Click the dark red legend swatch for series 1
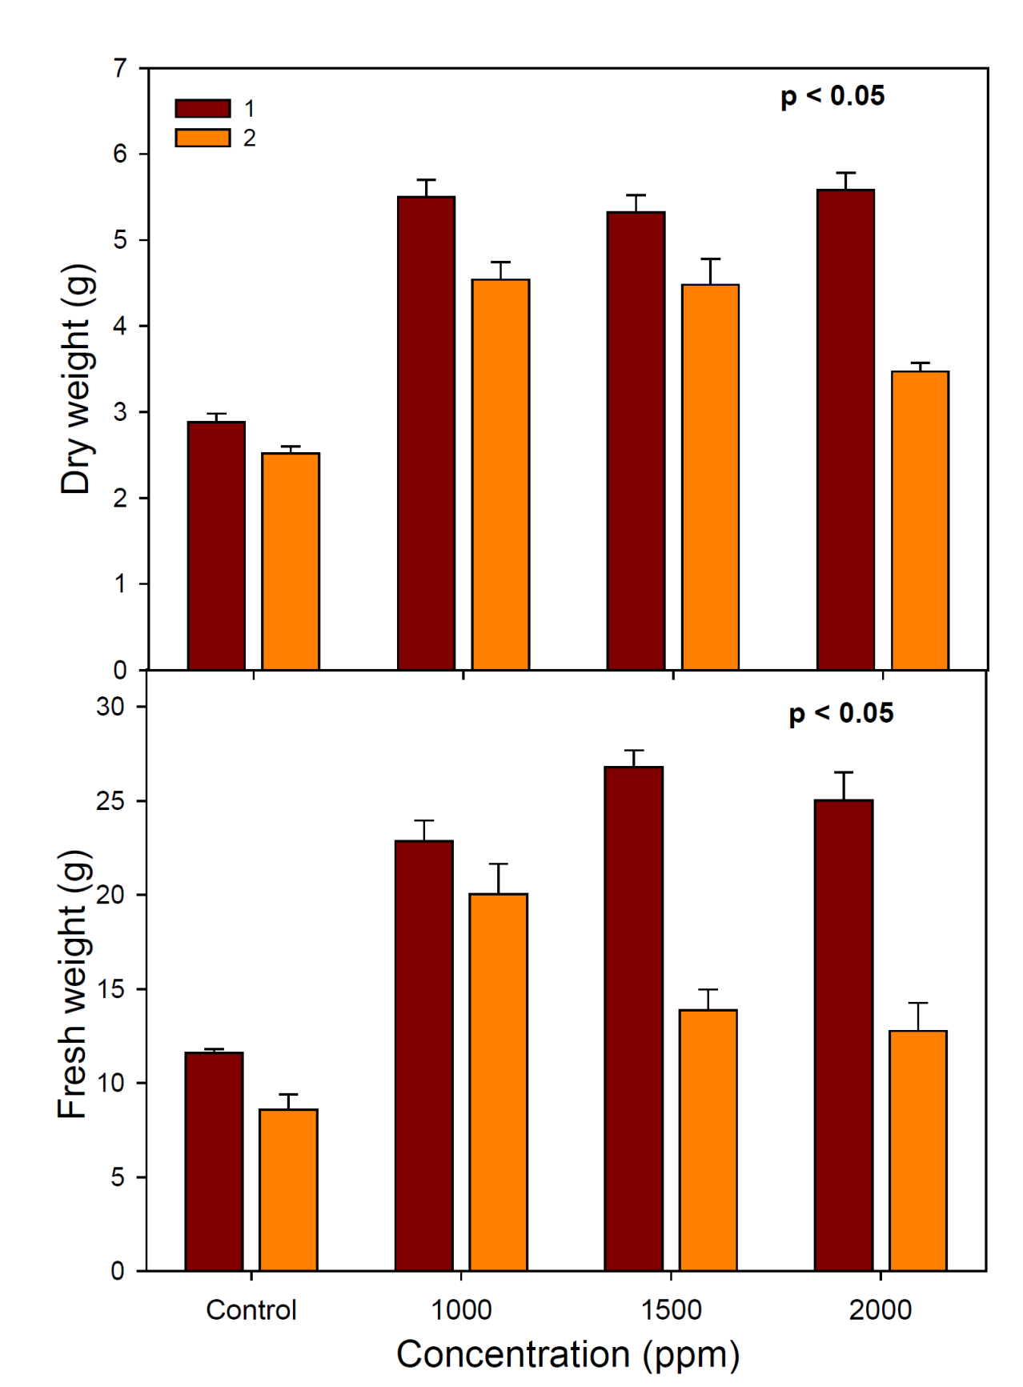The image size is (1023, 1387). (x=203, y=108)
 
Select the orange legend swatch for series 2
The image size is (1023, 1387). (x=203, y=138)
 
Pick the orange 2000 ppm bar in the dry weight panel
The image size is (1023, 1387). (x=920, y=520)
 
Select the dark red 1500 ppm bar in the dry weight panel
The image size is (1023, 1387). (x=636, y=441)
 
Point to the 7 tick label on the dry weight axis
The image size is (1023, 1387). (x=120, y=69)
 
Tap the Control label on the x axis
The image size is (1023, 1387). (x=251, y=1310)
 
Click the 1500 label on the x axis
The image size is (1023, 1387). (x=672, y=1310)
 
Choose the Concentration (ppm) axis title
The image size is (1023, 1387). (x=568, y=1354)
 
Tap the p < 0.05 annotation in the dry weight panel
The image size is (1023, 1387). (x=832, y=96)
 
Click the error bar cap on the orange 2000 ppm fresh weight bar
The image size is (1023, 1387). (x=918, y=1003)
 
